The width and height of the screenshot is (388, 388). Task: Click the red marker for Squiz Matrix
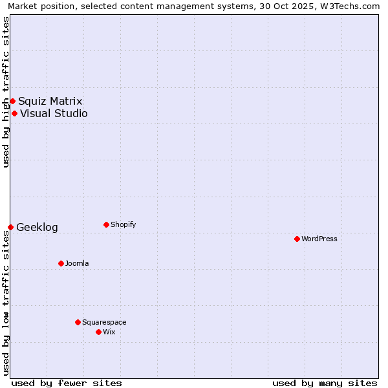12,101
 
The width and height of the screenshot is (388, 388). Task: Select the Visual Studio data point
14,114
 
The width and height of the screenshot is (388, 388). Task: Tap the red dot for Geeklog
10,227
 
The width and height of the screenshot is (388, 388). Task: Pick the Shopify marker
106,224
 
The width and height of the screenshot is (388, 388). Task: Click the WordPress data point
297,239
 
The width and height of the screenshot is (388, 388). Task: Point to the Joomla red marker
61,263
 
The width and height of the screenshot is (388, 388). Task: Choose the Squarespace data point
78,322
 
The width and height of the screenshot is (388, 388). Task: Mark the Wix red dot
98,332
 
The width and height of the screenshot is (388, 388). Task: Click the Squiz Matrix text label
50,101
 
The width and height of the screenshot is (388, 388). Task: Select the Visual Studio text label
54,114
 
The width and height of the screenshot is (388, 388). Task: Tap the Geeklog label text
37,227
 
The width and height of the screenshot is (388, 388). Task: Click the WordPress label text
319,239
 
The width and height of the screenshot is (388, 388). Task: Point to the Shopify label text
123,224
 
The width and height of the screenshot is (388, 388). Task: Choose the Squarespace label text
104,322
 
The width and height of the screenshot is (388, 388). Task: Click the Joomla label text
77,263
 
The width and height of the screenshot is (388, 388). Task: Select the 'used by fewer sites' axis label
67,383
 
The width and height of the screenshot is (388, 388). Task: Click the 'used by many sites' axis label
325,383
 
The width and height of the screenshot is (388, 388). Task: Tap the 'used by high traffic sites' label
6,92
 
